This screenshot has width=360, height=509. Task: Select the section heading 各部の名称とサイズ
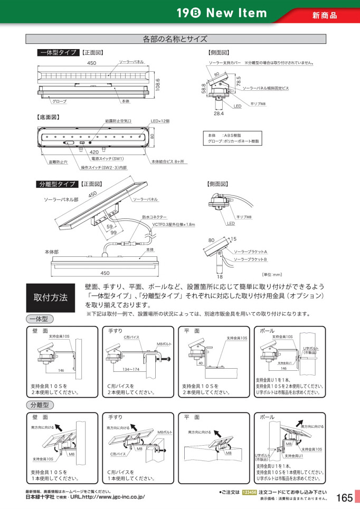[x=175, y=39]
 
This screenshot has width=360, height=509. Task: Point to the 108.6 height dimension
[x=157, y=83]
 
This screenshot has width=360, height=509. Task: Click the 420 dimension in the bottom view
[x=94, y=151]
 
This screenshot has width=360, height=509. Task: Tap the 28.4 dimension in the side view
[x=219, y=113]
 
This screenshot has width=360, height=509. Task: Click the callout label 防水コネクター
[x=154, y=217]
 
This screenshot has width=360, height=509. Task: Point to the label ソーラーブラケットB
[x=250, y=260]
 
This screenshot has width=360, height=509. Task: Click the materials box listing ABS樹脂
[x=233, y=138]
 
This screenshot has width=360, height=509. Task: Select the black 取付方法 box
[x=51, y=297]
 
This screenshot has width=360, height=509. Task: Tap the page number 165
[x=344, y=498]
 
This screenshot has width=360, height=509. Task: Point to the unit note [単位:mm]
[x=272, y=274]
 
